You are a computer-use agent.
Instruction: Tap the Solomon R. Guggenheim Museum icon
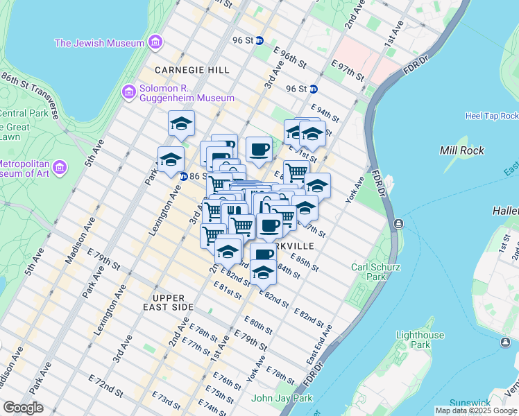128,92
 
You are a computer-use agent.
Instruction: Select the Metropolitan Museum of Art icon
60,168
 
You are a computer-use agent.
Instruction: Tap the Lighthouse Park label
419,340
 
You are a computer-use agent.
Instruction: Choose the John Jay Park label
281,398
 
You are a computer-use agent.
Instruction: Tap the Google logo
23,408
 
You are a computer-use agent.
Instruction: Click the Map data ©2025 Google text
477,410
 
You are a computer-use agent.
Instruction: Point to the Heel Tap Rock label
491,116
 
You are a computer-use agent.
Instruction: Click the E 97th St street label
348,70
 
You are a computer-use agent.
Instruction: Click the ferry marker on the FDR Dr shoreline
400,224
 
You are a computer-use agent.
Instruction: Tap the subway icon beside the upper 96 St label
259,40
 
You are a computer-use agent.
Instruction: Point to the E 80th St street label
258,322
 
